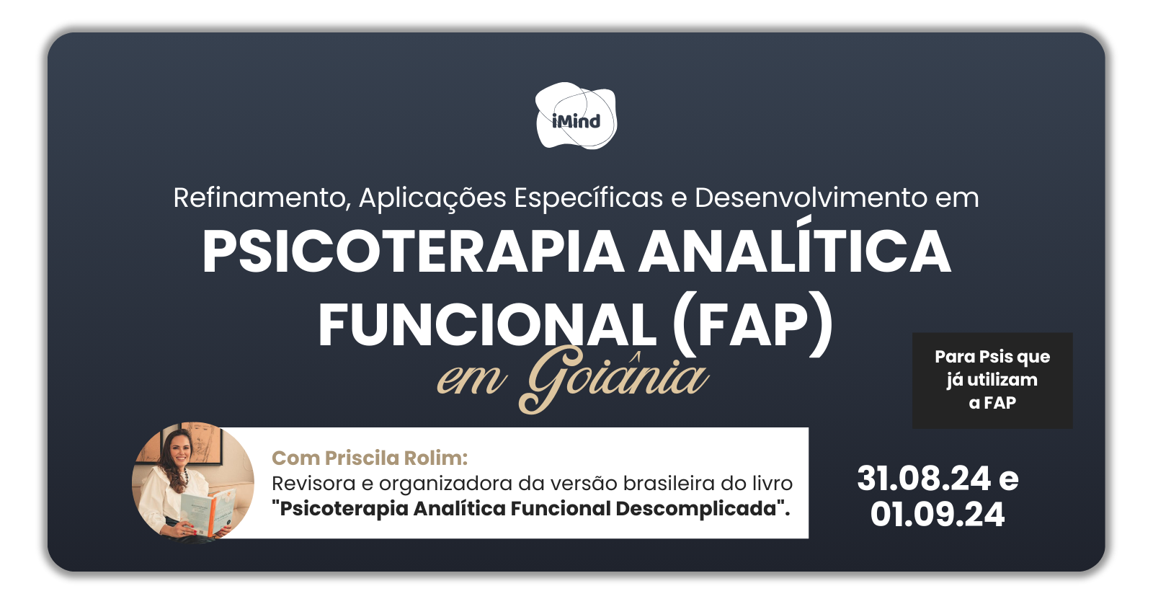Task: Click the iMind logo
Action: point(576,116)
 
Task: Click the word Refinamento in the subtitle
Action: point(262,197)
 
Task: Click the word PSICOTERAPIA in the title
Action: point(414,252)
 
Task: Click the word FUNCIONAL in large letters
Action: point(487,325)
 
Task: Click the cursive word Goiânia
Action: point(613,378)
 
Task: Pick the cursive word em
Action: point(471,380)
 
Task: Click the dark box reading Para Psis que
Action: point(992,380)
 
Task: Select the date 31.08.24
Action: point(924,479)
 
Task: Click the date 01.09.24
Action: point(938,514)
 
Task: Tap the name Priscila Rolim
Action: point(396,458)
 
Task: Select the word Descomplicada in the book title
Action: point(703,509)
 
